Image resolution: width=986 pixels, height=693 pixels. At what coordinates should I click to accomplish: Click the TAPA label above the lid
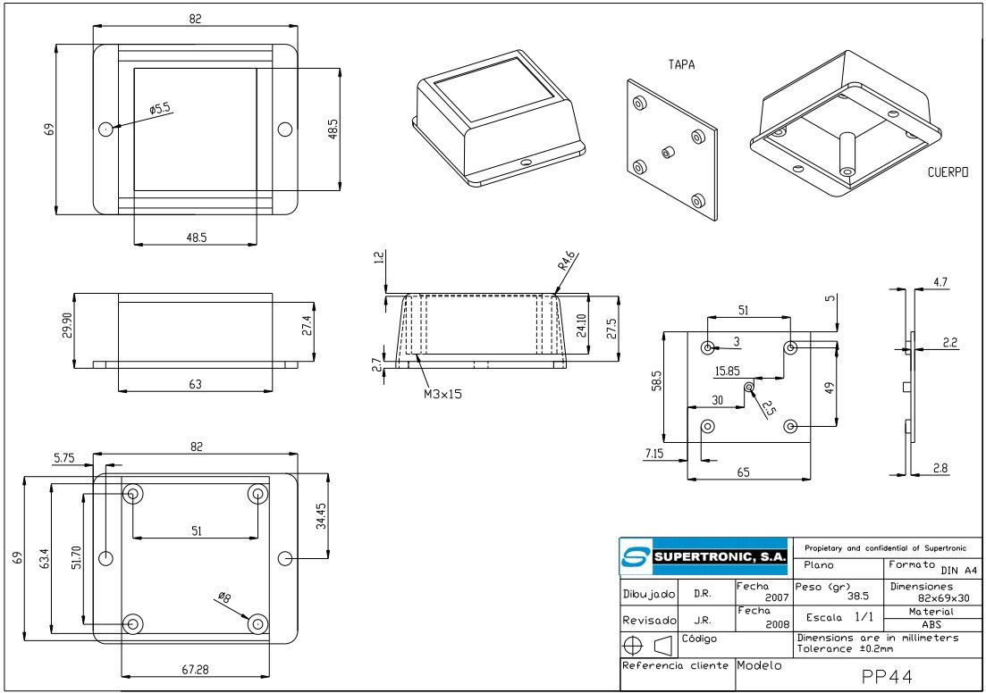[681, 65]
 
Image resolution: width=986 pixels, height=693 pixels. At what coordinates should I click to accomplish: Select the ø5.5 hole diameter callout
[160, 109]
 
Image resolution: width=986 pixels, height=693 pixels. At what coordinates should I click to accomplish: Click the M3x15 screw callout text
[442, 393]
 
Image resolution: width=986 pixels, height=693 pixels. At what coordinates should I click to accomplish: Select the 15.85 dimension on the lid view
[727, 371]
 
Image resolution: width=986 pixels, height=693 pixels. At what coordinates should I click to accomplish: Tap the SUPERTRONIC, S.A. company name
[721, 557]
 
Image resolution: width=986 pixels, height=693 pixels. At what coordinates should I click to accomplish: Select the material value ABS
[931, 625]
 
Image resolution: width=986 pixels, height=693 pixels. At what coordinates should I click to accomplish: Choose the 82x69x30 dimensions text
[943, 597]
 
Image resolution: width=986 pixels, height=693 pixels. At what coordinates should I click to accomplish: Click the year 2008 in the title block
[777, 625]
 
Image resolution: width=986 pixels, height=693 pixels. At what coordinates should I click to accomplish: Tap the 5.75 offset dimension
[63, 457]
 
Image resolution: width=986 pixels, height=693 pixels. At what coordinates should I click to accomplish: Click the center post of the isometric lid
[666, 153]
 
